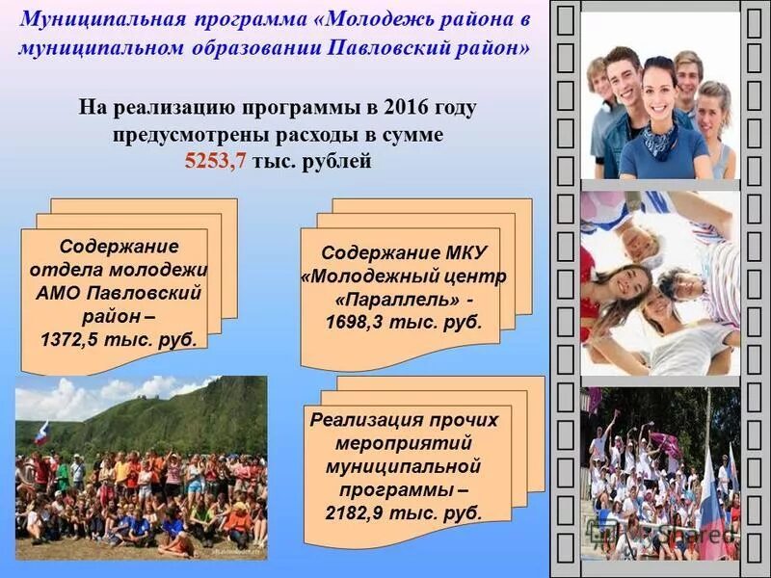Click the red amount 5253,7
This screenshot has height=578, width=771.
[217, 161]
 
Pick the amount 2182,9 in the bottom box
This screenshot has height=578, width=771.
[359, 512]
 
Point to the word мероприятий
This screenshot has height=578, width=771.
[404, 443]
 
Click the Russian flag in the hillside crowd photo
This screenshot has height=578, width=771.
[41, 433]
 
